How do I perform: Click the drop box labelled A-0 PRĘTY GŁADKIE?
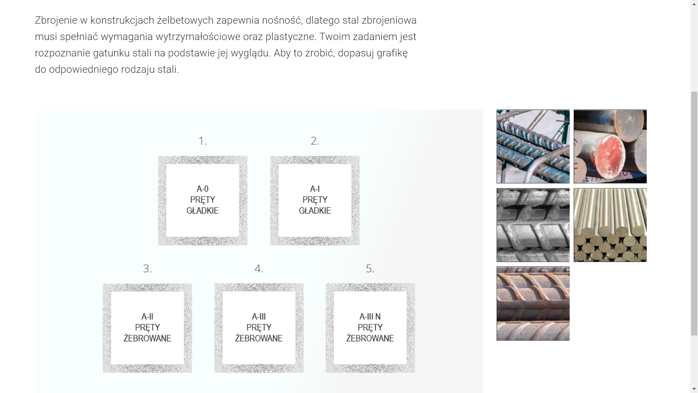tap(202, 201)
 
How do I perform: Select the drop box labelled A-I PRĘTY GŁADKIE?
tap(315, 201)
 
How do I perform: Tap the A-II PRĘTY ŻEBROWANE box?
tap(147, 328)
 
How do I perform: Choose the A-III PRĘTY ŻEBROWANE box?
tap(259, 328)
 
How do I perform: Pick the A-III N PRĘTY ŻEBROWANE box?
tap(370, 328)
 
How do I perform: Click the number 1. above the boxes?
tap(202, 141)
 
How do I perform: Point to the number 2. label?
tap(315, 141)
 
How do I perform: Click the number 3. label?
tap(147, 269)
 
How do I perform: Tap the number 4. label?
tap(259, 269)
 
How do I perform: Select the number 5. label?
tap(370, 269)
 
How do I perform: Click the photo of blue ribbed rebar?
tap(533, 146)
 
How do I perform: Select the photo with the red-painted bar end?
tap(610, 146)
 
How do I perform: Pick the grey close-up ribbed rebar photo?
tap(533, 225)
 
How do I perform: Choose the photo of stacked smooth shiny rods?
tap(610, 225)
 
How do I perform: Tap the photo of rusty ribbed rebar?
tap(533, 303)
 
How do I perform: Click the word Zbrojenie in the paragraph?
tap(56, 20)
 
